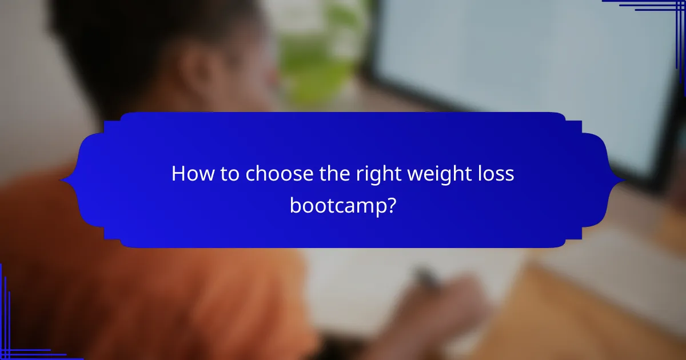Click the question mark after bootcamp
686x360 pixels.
(390, 205)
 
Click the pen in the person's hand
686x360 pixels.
(426, 278)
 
